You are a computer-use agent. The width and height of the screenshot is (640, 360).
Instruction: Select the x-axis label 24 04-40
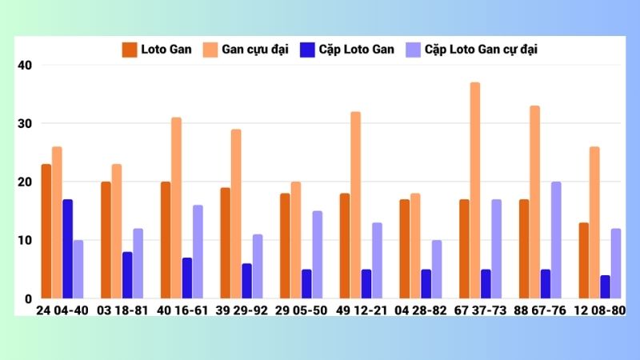coord(62,310)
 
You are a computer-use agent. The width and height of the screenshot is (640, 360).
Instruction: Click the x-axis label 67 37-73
coord(481,310)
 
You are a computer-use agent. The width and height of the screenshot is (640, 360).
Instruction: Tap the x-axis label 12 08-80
coord(600,310)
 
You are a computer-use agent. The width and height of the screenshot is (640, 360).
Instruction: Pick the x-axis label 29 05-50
coord(302,310)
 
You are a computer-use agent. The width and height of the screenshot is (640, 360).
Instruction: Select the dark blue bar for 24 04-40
coord(68,249)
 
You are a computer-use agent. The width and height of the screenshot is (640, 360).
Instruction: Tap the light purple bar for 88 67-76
coord(556,240)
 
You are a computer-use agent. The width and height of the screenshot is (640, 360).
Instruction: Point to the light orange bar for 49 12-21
coord(355,205)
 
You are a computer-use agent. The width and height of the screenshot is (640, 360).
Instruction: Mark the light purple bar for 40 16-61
coord(198,252)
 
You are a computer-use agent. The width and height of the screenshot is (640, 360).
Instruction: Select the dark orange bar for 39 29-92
coord(226,243)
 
